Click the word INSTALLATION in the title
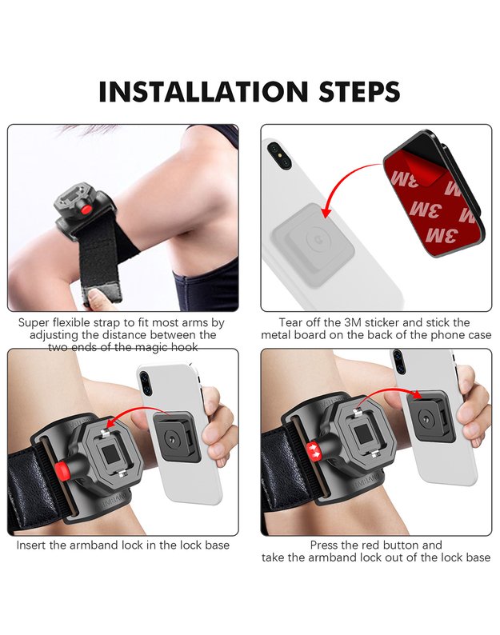[x=204, y=91]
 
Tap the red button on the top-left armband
[x=86, y=210]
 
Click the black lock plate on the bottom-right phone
[x=428, y=416]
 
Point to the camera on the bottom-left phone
[x=144, y=384]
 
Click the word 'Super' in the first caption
[x=34, y=323]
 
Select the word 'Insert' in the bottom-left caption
[x=31, y=545]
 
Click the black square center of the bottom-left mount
[x=110, y=453]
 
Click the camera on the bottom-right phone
[x=398, y=361]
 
